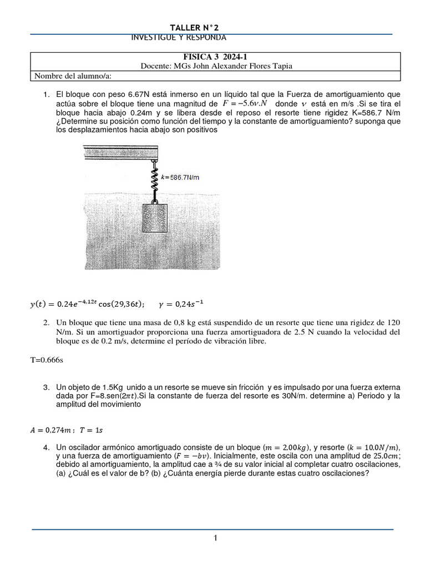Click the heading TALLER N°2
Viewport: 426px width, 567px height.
(198, 28)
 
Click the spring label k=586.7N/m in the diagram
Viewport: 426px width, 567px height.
(180, 177)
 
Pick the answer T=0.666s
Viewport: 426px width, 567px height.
(47, 359)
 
